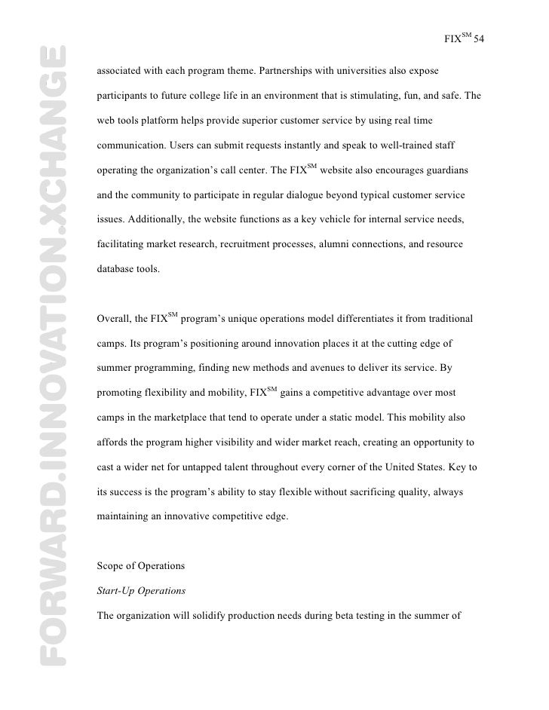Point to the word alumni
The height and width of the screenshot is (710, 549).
(x=333, y=244)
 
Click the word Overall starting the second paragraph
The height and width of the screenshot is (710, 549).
(x=114, y=319)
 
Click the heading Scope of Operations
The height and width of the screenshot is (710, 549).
(x=141, y=565)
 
